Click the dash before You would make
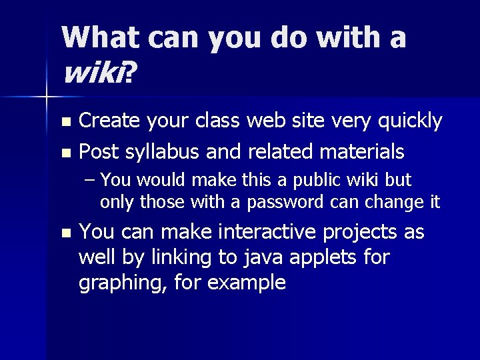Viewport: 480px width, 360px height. coord(90,181)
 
